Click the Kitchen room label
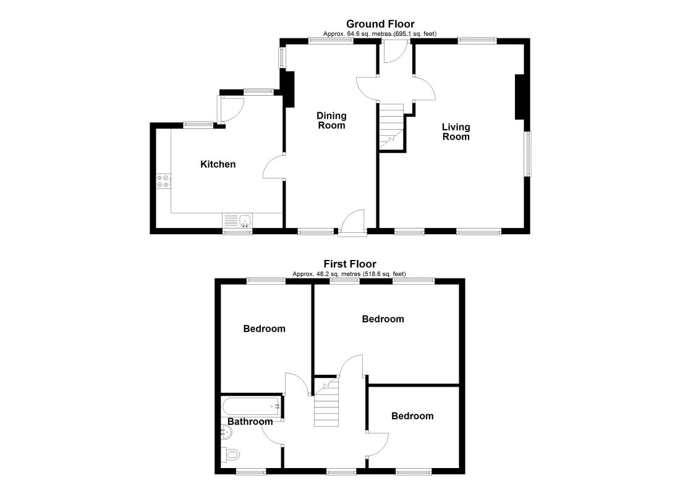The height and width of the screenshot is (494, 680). [x=218, y=164]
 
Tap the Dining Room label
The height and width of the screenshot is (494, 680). [x=331, y=120]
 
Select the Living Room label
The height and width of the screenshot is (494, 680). [x=456, y=132]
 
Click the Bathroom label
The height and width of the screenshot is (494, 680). [x=250, y=422]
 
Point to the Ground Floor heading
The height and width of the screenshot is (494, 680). [x=380, y=24]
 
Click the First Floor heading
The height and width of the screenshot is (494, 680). [x=350, y=264]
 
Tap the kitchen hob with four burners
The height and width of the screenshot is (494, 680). [x=163, y=181]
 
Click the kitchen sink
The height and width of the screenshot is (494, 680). [x=237, y=220]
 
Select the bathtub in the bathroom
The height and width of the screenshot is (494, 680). [x=252, y=406]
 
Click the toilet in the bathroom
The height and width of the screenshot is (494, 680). [x=231, y=454]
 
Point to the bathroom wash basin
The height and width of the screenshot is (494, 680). [x=226, y=432]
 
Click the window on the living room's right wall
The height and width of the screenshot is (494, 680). [x=528, y=154]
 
